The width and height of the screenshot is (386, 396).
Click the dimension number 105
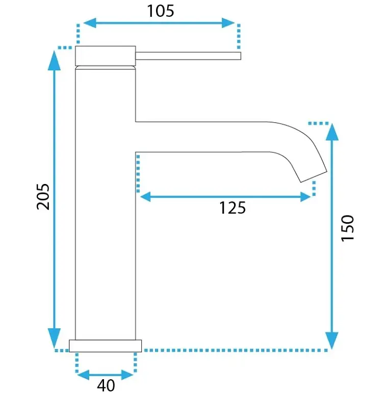pos(161,11)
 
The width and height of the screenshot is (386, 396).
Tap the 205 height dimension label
pos(43,197)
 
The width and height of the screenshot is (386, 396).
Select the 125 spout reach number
pos(232,208)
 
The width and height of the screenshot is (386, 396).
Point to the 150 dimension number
pos(348,228)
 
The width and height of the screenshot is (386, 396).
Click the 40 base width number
pos(106,385)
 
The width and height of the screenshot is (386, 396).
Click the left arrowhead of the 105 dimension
pos(90,23)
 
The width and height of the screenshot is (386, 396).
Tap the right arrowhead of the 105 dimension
pos(228,23)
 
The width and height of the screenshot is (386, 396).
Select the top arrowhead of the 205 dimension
pos(55,60)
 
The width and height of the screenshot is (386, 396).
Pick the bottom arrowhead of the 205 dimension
pos(55,338)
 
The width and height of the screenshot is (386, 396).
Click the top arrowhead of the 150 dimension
pos(332,132)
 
